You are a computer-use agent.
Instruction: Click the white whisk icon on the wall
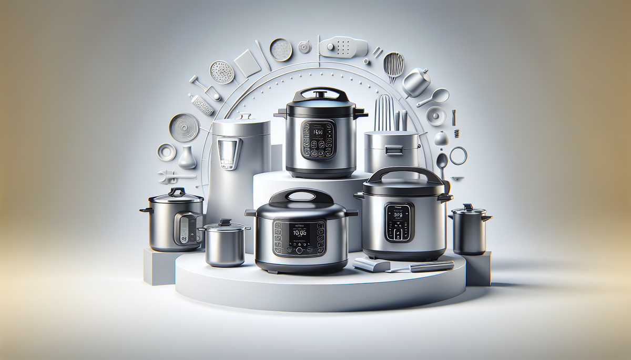[394, 66]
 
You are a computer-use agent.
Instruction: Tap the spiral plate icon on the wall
[184, 127]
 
